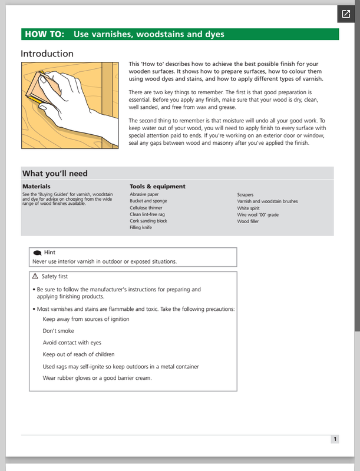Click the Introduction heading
click(x=47, y=54)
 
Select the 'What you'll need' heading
click(x=55, y=174)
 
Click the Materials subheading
click(x=37, y=187)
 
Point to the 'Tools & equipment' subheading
click(x=157, y=187)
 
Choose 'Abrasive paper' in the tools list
click(x=144, y=194)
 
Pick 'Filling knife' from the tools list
click(x=141, y=227)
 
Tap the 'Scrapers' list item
click(x=247, y=194)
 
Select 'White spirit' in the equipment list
click(x=251, y=208)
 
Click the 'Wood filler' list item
click(x=250, y=221)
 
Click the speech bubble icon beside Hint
click(x=37, y=253)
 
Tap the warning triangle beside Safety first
click(x=35, y=276)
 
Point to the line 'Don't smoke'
click(x=58, y=331)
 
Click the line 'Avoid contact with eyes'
click(x=72, y=343)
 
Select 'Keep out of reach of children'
click(x=78, y=354)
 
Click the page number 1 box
click(x=335, y=439)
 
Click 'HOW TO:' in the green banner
click(x=45, y=35)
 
